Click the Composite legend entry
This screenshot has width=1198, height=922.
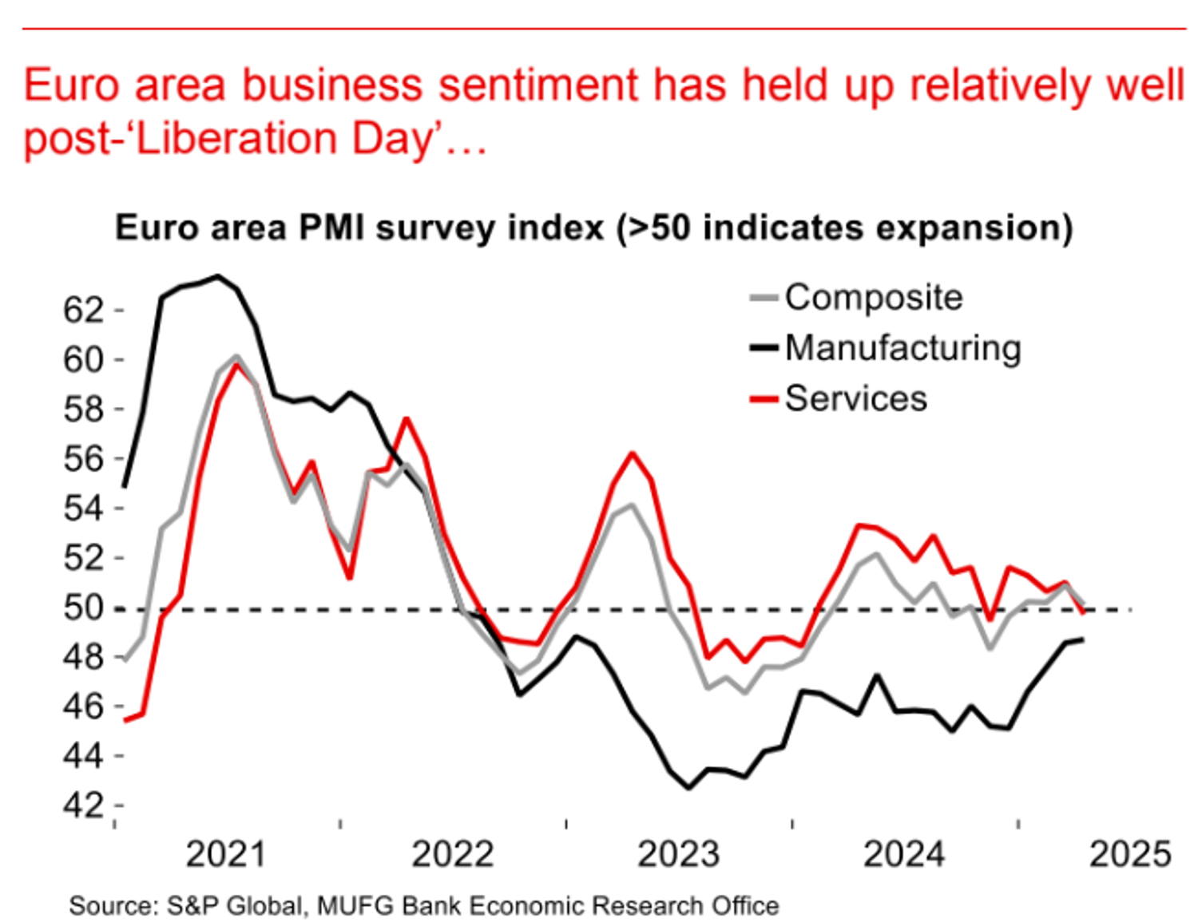(x=873, y=297)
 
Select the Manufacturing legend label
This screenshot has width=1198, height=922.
(x=902, y=348)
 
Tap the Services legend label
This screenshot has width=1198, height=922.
(x=855, y=398)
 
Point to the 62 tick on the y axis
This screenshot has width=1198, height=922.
(x=83, y=310)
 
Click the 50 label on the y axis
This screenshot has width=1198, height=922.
(x=83, y=607)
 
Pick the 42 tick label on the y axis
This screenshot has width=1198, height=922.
(x=83, y=805)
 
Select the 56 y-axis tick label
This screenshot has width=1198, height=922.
(x=83, y=459)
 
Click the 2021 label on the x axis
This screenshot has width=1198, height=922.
(x=225, y=854)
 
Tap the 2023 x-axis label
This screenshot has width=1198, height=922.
(x=678, y=854)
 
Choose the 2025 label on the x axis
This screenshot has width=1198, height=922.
(x=1130, y=854)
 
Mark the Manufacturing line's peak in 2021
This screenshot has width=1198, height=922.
(x=218, y=276)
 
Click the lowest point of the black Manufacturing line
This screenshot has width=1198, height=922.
(x=688, y=788)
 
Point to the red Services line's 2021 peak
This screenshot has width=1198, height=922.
(x=236, y=364)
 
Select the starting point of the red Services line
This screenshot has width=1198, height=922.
(x=125, y=720)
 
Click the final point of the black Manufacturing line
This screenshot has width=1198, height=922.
(x=1082, y=639)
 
